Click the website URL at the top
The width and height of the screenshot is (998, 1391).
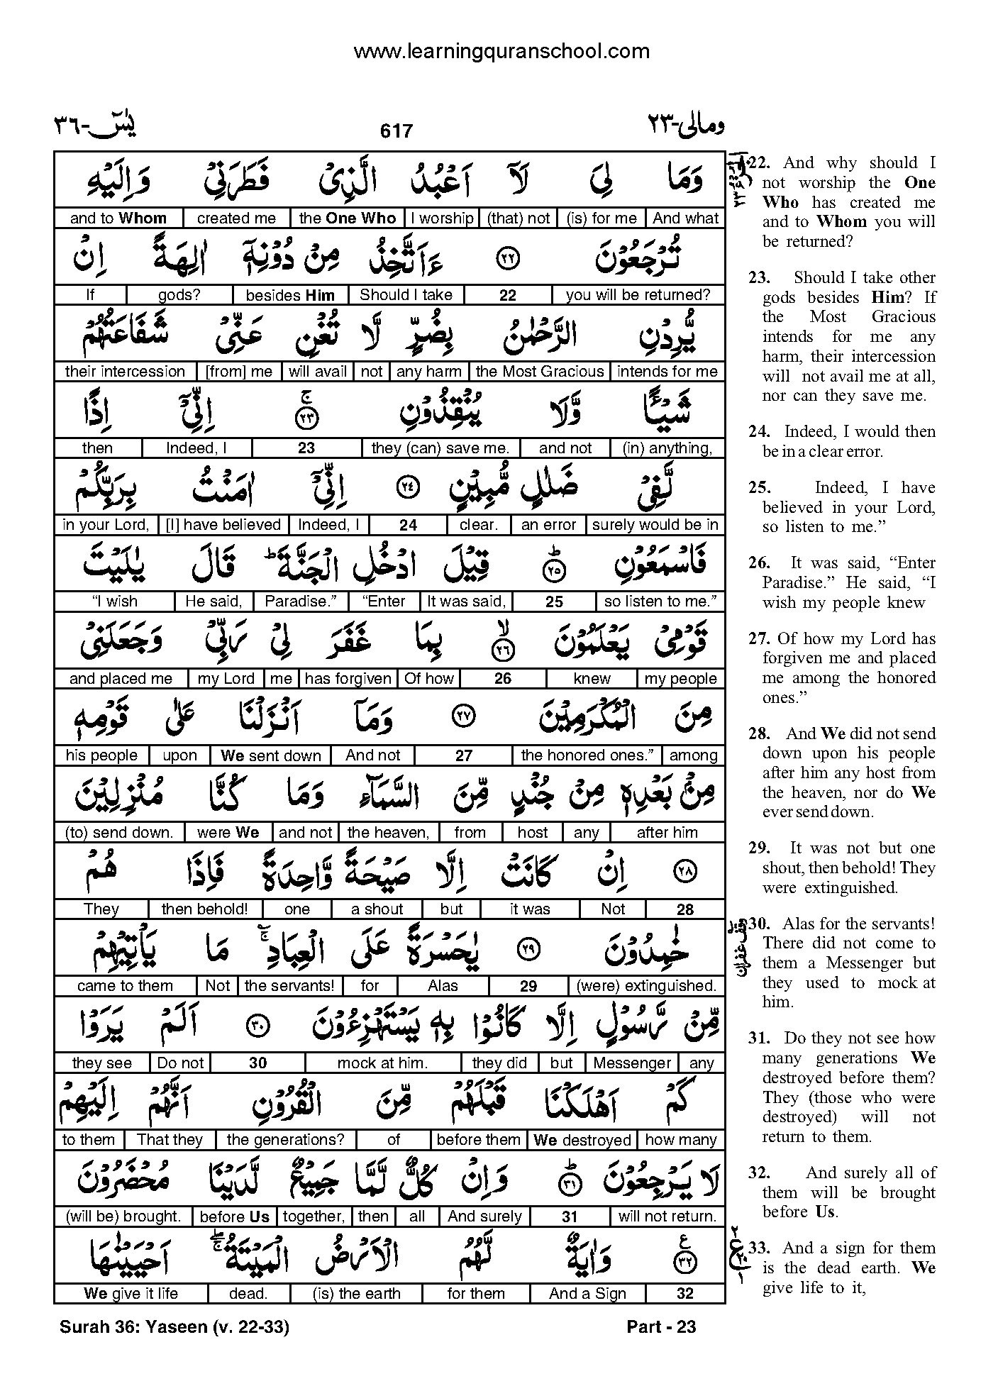pyautogui.click(x=501, y=51)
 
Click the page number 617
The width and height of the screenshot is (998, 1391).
pyautogui.click(x=396, y=131)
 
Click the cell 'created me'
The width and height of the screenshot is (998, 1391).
pyautogui.click(x=236, y=218)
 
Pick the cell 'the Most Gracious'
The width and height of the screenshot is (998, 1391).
pyautogui.click(x=539, y=372)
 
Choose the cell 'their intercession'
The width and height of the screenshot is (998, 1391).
pyautogui.click(x=125, y=372)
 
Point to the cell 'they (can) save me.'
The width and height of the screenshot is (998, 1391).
pyautogui.click(x=440, y=448)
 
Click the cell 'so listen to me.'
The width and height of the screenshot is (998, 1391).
pyautogui.click(x=660, y=602)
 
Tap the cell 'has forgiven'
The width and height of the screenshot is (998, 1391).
pyautogui.click(x=348, y=679)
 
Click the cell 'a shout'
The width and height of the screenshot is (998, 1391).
pyautogui.click(x=377, y=909)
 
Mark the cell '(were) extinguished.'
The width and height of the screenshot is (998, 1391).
pyautogui.click(x=646, y=986)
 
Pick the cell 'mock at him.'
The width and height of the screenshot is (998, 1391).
pyautogui.click(x=382, y=1063)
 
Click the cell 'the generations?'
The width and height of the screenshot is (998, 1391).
pyautogui.click(x=285, y=1140)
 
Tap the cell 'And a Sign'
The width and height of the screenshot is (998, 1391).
pyautogui.click(x=587, y=1293)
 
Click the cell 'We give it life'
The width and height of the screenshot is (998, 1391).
pyautogui.click(x=131, y=1293)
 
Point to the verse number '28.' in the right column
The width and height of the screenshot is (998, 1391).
pyautogui.click(x=759, y=733)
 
